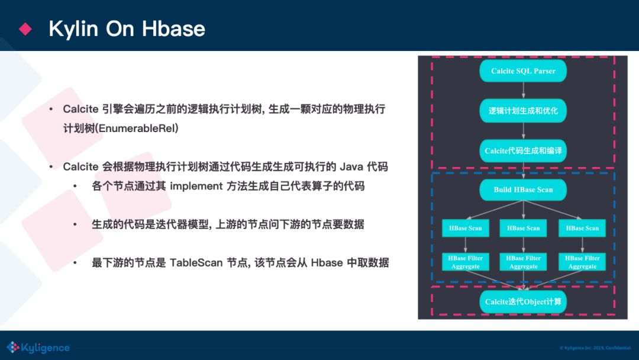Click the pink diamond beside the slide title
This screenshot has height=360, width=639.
25,28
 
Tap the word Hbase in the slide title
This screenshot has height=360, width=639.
173,28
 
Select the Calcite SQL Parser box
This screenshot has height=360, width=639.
523,71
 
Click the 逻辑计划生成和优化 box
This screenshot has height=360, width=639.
523,111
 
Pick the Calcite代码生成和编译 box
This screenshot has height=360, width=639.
523,151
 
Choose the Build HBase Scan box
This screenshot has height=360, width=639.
523,189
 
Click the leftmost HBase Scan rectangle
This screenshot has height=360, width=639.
466,228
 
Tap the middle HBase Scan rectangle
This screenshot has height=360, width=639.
523,228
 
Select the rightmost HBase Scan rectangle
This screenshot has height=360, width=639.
582,228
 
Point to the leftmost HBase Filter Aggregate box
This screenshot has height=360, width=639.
466,262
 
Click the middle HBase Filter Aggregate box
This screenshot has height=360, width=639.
523,262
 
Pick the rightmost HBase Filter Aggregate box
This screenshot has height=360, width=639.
582,262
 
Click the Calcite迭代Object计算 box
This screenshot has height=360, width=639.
523,302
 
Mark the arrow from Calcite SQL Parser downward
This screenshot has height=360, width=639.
523,91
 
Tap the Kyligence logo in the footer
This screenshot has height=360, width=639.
38,348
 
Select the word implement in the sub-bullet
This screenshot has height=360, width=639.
196,187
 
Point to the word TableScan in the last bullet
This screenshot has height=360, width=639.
196,262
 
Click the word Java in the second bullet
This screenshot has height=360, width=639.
351,167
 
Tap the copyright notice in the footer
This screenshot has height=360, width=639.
595,348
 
